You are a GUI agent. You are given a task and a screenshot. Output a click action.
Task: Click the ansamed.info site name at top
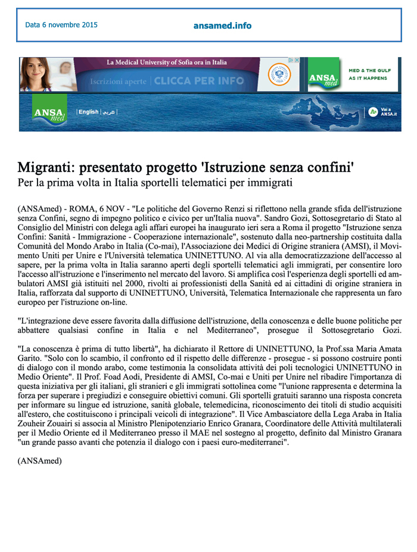tap(222, 26)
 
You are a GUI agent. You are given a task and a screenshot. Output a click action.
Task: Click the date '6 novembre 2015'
tap(61, 25)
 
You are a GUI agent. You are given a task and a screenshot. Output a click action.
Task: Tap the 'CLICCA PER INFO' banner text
tap(198, 81)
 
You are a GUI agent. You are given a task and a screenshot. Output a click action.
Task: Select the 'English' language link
tap(89, 112)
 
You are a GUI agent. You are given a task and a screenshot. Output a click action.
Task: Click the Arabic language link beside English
tap(108, 112)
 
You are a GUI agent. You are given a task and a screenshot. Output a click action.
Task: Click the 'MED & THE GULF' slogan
tap(371, 70)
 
